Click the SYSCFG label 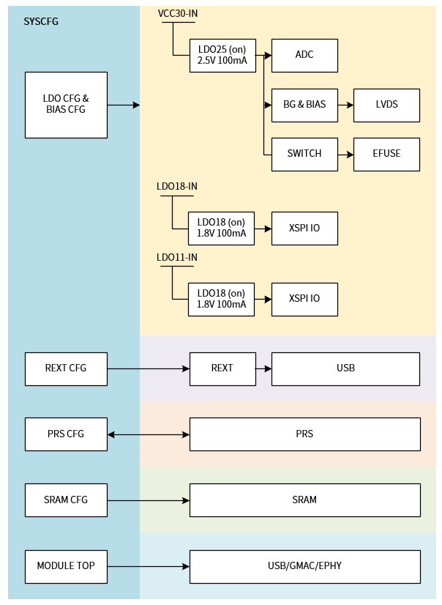41,21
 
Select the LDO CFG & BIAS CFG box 66,105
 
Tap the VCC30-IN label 178,14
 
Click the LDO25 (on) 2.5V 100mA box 222,56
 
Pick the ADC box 304,56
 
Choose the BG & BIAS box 304,105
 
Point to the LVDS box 386,105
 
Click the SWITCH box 304,154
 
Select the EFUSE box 386,154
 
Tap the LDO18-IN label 177,186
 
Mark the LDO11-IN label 177,257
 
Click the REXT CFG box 66,368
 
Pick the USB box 345,368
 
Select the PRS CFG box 66,434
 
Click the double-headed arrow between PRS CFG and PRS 149,435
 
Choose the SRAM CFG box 66,500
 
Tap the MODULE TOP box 66,566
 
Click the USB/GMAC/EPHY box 304,566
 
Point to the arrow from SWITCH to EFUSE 345,155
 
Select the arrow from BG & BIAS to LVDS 345,105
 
